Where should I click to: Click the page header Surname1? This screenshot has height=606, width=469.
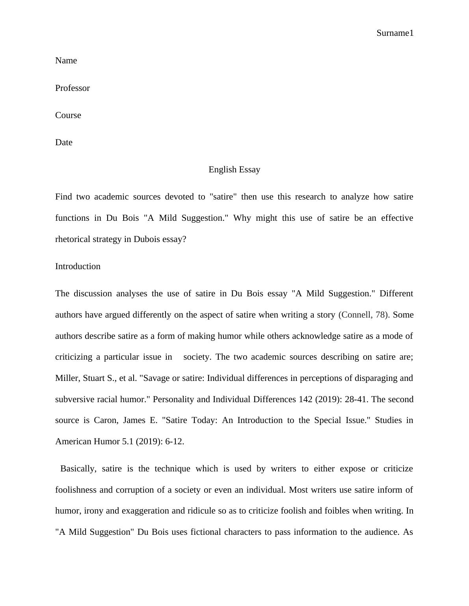coord(395,33)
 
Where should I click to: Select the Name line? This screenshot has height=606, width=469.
coord(66,61)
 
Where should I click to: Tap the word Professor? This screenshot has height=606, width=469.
coord(73,88)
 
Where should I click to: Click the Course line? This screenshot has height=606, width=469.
coord(68,115)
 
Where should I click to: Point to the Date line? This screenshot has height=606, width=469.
coord(64,142)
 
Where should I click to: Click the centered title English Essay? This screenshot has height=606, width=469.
coord(234,170)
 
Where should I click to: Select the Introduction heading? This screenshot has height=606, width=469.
coord(78,266)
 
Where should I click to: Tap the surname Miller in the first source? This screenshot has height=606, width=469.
coord(67,378)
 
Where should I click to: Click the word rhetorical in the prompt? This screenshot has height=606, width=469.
coord(73,239)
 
